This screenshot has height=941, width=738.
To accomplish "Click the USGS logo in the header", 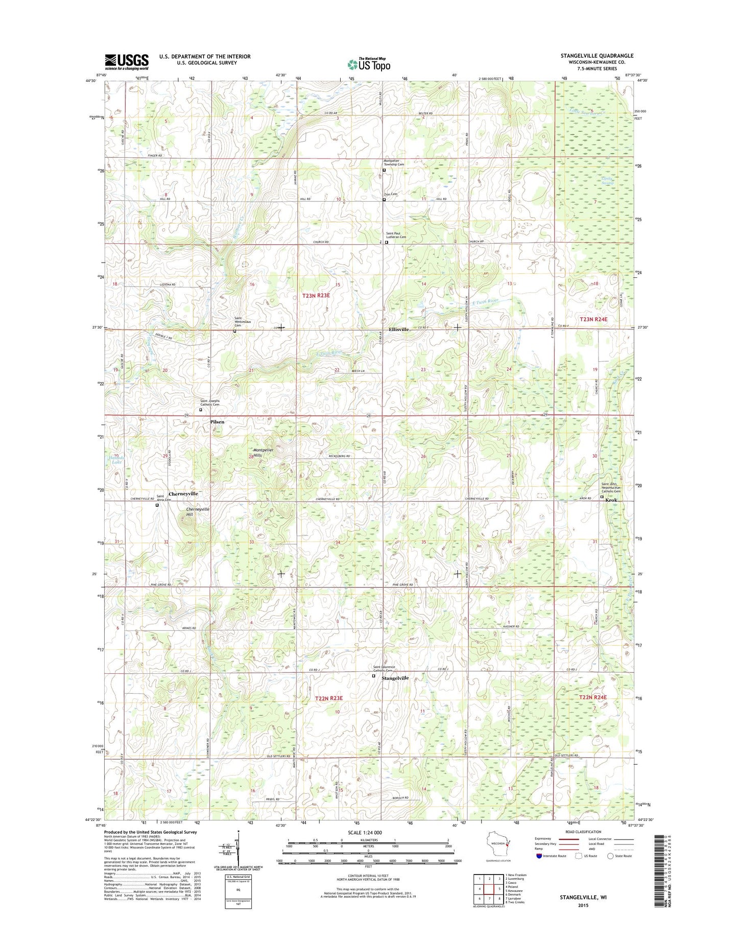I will [127, 61].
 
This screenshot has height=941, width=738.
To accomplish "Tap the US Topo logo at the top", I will [369, 64].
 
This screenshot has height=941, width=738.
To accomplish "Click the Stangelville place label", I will [395, 678].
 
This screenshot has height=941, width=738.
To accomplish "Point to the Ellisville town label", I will [398, 330].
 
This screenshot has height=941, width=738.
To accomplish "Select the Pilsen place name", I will [217, 422].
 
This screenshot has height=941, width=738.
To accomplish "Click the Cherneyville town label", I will [183, 494].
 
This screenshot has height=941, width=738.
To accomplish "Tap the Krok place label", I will [611, 500].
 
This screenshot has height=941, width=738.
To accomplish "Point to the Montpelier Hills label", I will [264, 452].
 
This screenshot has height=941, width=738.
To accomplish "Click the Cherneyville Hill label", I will [197, 512].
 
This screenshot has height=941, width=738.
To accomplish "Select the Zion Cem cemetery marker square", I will [384, 200].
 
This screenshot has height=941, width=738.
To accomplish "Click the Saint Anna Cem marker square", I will [157, 505].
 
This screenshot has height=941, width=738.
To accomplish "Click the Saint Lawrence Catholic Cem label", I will [384, 669].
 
